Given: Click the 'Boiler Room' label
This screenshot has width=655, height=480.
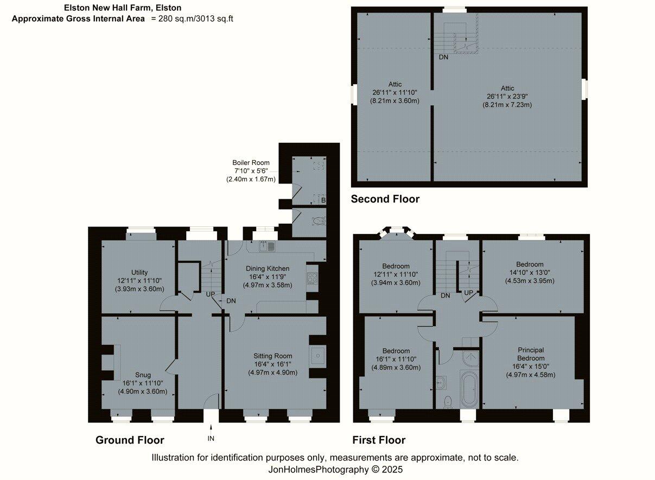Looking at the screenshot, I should [x=251, y=162].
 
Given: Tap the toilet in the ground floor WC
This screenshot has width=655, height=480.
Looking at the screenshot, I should [x=319, y=220].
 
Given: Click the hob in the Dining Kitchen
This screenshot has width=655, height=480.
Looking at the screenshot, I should [x=312, y=278].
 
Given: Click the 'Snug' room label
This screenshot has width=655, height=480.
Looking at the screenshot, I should [x=143, y=375].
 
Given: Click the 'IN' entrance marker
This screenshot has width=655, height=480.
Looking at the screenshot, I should [x=211, y=438].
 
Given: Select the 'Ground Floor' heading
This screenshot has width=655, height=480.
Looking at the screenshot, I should [x=130, y=440].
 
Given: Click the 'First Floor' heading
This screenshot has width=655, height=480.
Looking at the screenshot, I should [x=378, y=440].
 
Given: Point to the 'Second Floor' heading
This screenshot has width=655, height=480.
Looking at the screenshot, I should [x=385, y=199].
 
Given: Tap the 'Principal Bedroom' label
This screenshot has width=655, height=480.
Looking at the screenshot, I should [x=530, y=354].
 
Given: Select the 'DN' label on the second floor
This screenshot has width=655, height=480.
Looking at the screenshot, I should [x=444, y=57].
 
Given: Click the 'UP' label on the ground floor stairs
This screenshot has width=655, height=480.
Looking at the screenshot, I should [x=211, y=294].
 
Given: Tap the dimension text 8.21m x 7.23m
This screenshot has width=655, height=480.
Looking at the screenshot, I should [x=507, y=105].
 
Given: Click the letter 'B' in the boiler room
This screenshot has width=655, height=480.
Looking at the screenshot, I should [x=323, y=201].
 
